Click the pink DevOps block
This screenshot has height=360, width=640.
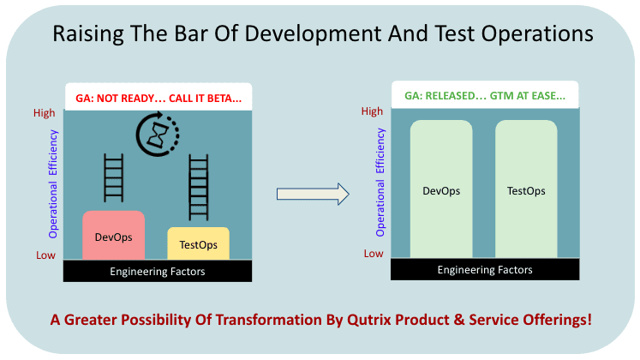[x=113, y=235]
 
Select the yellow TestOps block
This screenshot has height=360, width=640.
[x=199, y=243]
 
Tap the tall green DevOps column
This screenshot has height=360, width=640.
[x=441, y=189]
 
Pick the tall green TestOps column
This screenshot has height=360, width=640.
[x=526, y=189]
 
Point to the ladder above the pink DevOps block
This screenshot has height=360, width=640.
[x=113, y=178]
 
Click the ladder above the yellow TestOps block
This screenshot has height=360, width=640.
[x=199, y=188]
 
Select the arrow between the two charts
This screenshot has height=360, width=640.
[x=313, y=194]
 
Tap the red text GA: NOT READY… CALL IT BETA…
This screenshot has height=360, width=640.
[x=159, y=99]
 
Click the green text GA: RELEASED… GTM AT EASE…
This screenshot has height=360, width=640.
[x=485, y=96]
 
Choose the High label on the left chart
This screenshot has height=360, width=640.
[x=44, y=113]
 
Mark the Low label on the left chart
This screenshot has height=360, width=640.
[x=45, y=255]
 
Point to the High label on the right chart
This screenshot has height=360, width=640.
[x=372, y=111]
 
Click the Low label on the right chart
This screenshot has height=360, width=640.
[x=374, y=254]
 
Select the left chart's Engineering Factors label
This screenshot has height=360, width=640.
[x=158, y=272]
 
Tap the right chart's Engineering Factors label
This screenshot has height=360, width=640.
[x=485, y=270]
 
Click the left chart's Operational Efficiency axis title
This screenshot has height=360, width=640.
[x=53, y=184]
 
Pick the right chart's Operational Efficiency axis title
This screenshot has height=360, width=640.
[x=380, y=183]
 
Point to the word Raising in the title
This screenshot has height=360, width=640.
[x=88, y=34]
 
